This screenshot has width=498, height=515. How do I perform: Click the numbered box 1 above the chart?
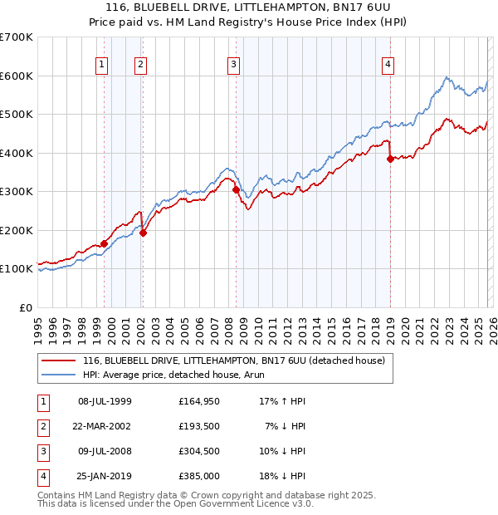[101, 64]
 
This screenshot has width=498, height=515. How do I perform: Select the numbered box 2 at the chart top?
[141, 64]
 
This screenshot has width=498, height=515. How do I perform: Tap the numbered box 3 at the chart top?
[234, 64]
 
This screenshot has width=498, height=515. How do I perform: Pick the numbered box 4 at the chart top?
[388, 64]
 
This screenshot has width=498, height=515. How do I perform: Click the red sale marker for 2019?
[390, 159]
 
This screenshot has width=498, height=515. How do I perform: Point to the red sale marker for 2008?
[236, 190]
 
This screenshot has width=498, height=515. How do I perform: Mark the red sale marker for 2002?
[143, 233]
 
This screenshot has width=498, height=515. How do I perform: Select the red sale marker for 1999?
[104, 243]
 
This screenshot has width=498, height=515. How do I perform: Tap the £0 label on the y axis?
[25, 307]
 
